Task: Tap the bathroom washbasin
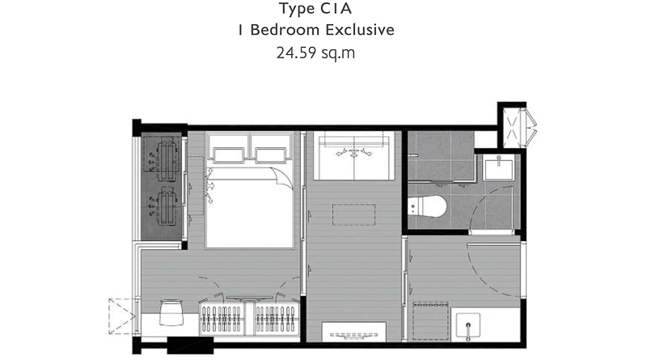click(x=498, y=167)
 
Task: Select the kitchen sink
click(x=468, y=327)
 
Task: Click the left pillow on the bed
click(x=228, y=155)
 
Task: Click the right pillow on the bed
click(x=271, y=155)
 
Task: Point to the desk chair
click(x=171, y=312)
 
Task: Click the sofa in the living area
click(x=354, y=155)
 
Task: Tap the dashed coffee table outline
click(x=354, y=214)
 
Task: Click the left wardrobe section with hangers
click(x=222, y=318)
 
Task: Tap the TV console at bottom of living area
click(x=353, y=332)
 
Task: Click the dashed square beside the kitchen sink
click(x=431, y=321)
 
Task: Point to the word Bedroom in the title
click(x=285, y=30)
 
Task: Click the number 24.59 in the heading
click(x=295, y=53)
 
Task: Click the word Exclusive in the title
click(x=360, y=30)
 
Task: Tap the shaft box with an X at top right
click(x=512, y=128)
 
